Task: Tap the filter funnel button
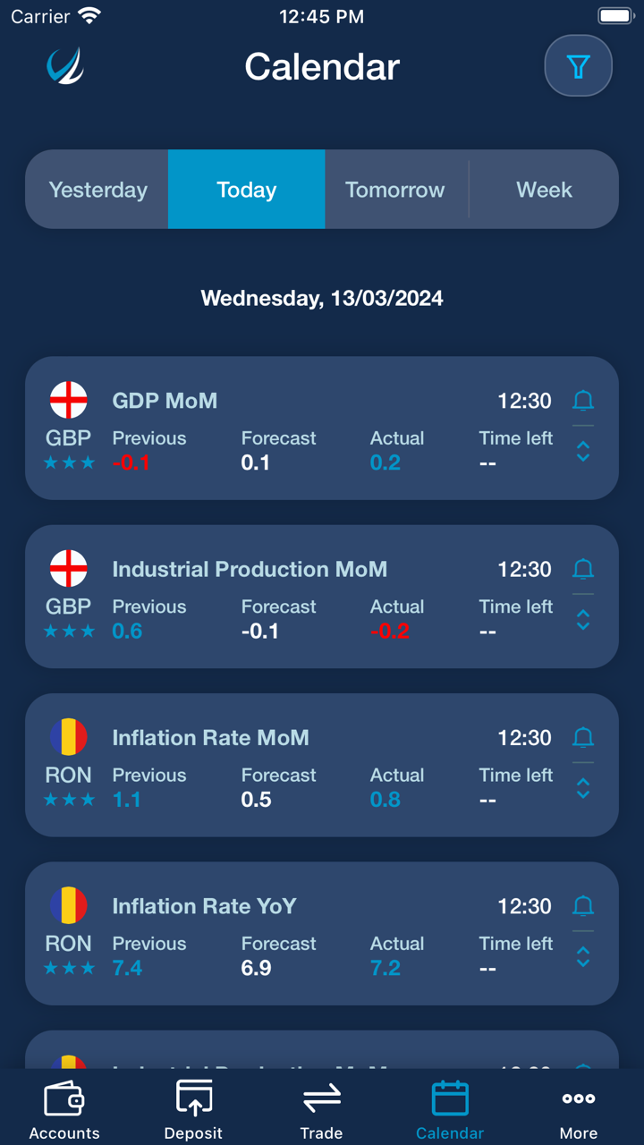[x=578, y=66]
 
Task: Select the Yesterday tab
[x=97, y=190]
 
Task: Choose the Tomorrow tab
[x=394, y=190]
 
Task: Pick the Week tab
[x=544, y=190]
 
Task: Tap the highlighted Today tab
[x=246, y=190]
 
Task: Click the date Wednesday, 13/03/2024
[x=322, y=298]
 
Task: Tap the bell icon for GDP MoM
[x=583, y=400]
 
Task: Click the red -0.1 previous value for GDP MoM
[x=131, y=463]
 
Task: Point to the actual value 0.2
[x=386, y=463]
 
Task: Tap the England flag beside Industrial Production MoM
[x=69, y=569]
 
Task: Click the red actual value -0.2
[x=390, y=632]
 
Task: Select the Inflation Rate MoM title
[x=210, y=738]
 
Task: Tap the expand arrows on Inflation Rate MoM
[x=583, y=788]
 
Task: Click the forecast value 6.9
[x=257, y=968]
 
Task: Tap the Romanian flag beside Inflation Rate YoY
[x=69, y=906]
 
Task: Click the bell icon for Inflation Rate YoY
[x=583, y=906]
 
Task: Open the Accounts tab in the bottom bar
[x=64, y=1108]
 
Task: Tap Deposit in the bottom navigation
[x=193, y=1108]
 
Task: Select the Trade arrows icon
[x=322, y=1098]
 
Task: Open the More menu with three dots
[x=579, y=1108]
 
